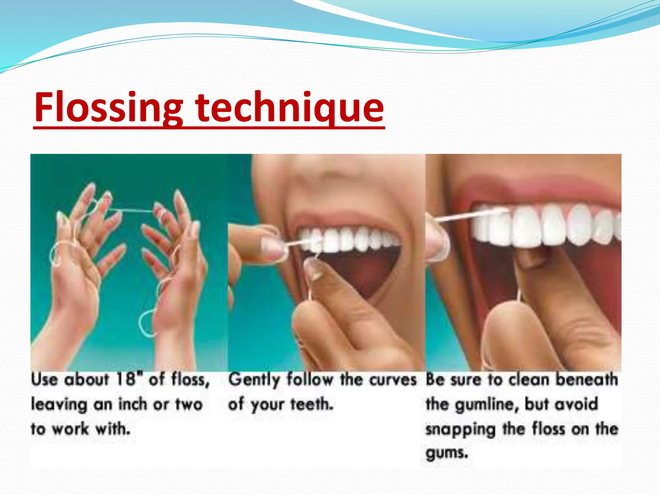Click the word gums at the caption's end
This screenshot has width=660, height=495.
point(446,453)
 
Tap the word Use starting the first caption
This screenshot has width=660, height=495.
point(44,379)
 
